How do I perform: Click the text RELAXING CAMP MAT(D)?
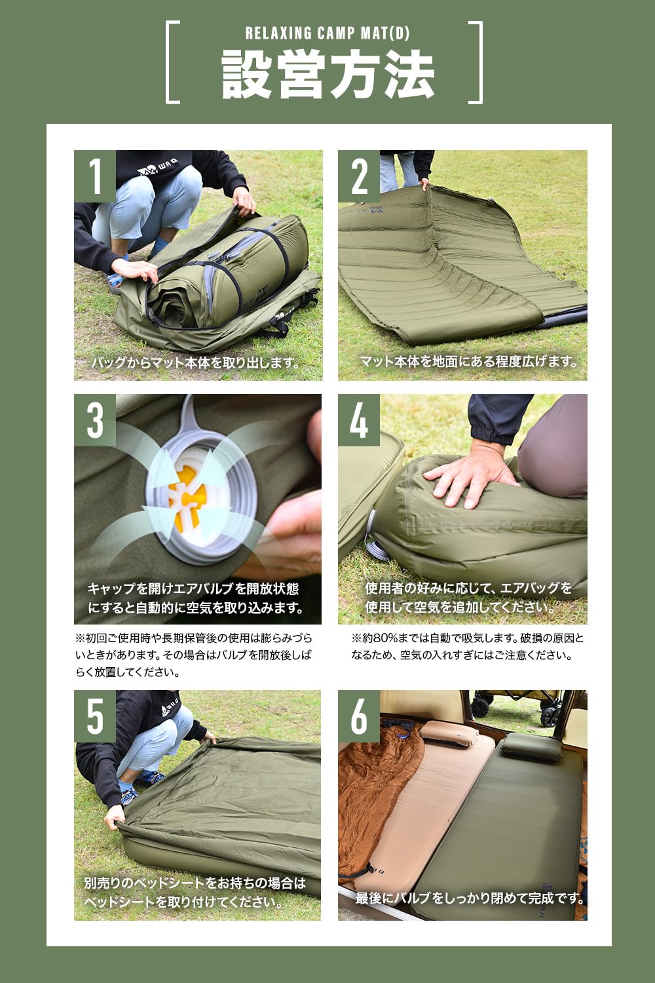tap(327, 33)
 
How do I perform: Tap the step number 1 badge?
tap(95, 176)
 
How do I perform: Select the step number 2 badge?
tap(359, 176)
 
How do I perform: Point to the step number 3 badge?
tap(95, 419)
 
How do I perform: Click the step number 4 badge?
tap(359, 419)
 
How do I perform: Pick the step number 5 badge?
tap(95, 716)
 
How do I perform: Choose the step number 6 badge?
tap(359, 716)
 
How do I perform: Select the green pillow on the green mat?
tap(524, 746)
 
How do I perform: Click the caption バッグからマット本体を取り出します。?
tap(196, 362)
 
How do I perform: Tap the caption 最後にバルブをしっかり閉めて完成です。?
tap(470, 898)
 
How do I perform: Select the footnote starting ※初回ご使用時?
tap(193, 655)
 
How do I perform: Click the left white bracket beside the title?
tap(172, 62)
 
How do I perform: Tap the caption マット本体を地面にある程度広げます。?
tap(469, 361)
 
